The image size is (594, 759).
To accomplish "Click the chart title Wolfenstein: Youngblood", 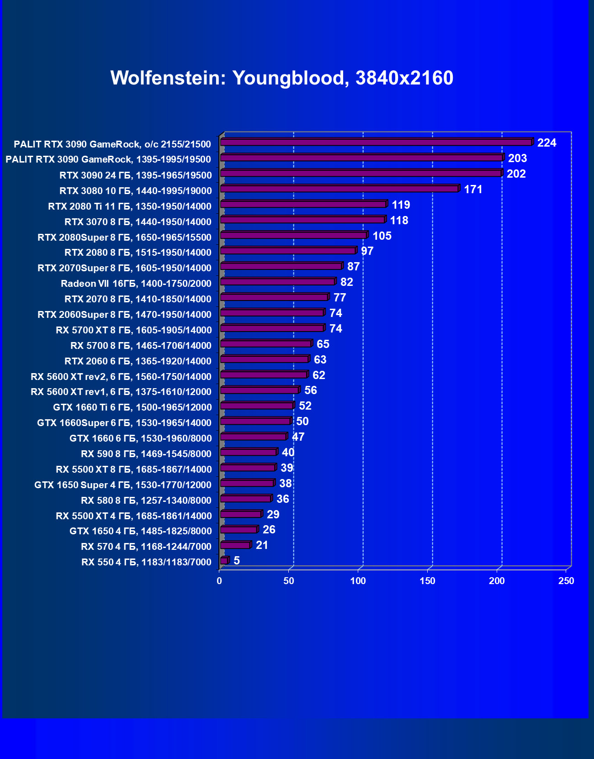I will tap(281, 78).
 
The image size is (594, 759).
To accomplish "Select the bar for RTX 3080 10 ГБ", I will tap(339, 189).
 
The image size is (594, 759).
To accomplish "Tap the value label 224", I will tap(546, 143).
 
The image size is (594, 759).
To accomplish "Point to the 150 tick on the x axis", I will tap(428, 581).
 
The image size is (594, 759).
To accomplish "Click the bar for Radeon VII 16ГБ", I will tap(278, 282).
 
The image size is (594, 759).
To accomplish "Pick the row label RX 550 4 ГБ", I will tap(146, 562).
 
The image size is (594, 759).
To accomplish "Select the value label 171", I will tap(473, 190).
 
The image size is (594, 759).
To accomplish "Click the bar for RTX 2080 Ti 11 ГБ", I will tap(303, 205).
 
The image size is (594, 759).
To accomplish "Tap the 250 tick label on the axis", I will tap(566, 581).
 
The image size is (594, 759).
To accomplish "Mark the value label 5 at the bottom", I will tap(236, 561).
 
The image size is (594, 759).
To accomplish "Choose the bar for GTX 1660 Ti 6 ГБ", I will tap(257, 406).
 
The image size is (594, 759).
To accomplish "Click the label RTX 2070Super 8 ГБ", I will tap(124, 268).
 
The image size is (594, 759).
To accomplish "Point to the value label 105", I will tap(382, 236).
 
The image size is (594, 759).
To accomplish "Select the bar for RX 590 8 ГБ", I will tap(249, 453).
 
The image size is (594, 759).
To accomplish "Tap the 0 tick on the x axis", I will tap(219, 581).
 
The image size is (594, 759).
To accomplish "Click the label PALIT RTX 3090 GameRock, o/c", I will tap(112, 144).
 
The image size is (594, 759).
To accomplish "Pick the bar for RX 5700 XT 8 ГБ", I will tap(272, 328).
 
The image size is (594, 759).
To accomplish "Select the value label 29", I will tap(273, 515).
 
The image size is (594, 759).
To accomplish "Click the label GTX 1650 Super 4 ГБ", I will tap(123, 485).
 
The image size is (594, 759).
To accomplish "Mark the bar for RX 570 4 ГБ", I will tap(235, 545).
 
